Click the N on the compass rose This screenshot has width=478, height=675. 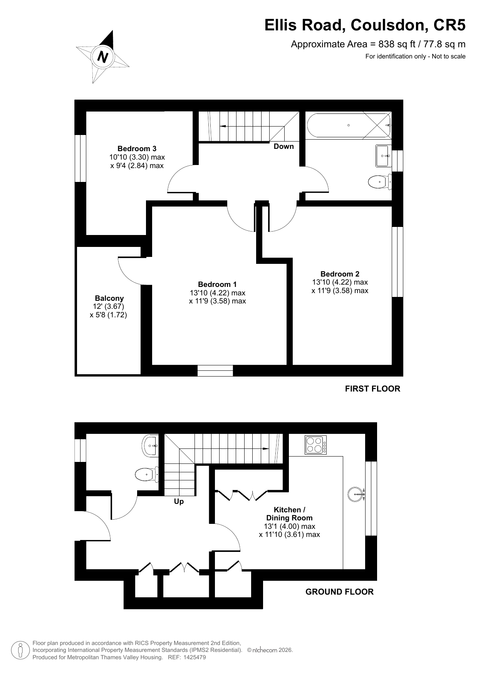(x=102, y=57)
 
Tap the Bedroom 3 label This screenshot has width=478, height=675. (x=137, y=148)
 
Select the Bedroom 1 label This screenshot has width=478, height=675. (x=217, y=284)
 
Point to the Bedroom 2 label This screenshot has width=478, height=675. (x=340, y=274)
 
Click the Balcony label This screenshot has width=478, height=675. (x=109, y=298)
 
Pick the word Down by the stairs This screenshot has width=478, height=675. (x=283, y=146)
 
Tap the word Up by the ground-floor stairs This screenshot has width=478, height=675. (x=179, y=502)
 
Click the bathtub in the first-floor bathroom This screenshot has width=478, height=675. (x=349, y=125)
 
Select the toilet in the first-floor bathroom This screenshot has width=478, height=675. (x=380, y=182)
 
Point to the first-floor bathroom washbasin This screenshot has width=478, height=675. (x=384, y=156)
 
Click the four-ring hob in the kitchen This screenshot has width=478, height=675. (x=315, y=445)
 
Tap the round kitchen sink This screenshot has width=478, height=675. (x=356, y=494)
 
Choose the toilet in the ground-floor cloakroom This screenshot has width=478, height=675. (x=147, y=474)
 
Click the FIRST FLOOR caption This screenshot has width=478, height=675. (x=372, y=389)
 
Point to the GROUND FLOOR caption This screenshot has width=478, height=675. (x=339, y=592)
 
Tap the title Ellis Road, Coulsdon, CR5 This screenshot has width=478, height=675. (x=365, y=25)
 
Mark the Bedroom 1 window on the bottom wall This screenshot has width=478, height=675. (x=215, y=371)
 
